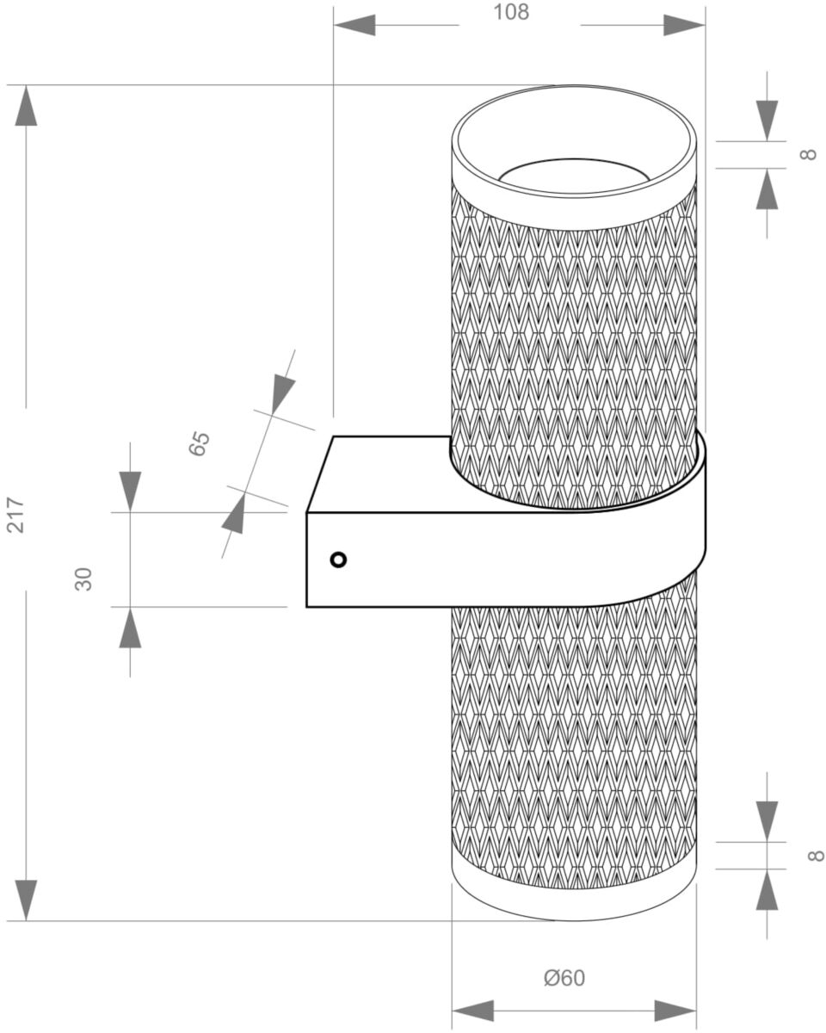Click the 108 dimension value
coord(511,12)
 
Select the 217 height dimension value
coord(15,516)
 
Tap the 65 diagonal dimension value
coord(199,444)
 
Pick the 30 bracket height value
coord(83,578)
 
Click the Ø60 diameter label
coord(564,974)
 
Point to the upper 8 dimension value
coord(809,155)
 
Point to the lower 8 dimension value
coord(816,856)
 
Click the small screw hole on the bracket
coord(338,560)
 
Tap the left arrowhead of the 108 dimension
coord(354,25)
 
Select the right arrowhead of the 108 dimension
coord(684,25)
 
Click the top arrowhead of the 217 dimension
coord(26,106)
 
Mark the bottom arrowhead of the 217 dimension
coord(26,900)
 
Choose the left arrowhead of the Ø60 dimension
coord(472,1011)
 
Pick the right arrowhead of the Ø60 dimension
coord(675,1011)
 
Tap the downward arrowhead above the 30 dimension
coord(130,492)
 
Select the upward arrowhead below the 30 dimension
coord(130,628)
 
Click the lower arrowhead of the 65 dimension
coord(234,513)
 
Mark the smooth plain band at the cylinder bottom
coord(574,901)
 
